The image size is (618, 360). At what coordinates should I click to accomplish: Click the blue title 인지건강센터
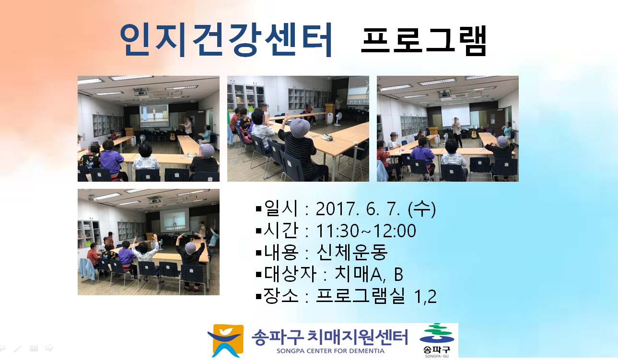pyautogui.click(x=226, y=39)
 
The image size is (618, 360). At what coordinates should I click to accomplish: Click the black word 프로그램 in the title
pyautogui.click(x=424, y=40)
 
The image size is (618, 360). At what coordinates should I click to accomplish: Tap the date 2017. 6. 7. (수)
pyautogui.click(x=375, y=209)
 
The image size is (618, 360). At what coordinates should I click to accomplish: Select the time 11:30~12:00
pyautogui.click(x=366, y=231)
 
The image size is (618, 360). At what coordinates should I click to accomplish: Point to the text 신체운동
pyautogui.click(x=352, y=252)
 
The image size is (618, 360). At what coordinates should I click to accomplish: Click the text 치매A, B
pyautogui.click(x=369, y=274)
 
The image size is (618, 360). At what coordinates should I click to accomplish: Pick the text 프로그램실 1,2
pyautogui.click(x=376, y=296)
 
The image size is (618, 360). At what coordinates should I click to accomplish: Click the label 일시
pyautogui.click(x=281, y=208)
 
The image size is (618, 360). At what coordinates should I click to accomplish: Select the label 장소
pyautogui.click(x=281, y=295)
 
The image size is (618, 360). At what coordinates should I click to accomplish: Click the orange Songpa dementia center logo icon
pyautogui.click(x=226, y=340)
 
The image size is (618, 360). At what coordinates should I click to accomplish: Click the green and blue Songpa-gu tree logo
pyautogui.click(x=437, y=335)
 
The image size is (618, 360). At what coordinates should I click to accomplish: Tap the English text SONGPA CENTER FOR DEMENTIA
pyautogui.click(x=330, y=351)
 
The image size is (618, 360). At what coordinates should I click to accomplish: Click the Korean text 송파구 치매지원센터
pyautogui.click(x=330, y=337)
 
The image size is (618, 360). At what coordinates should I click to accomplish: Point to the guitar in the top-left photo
pyautogui.click(x=173, y=134)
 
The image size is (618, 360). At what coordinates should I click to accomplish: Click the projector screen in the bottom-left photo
pyautogui.click(x=175, y=220)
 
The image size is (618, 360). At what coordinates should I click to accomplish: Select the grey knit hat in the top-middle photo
pyautogui.click(x=301, y=128)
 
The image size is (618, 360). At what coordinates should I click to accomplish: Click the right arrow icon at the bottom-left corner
pyautogui.click(x=49, y=348)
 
